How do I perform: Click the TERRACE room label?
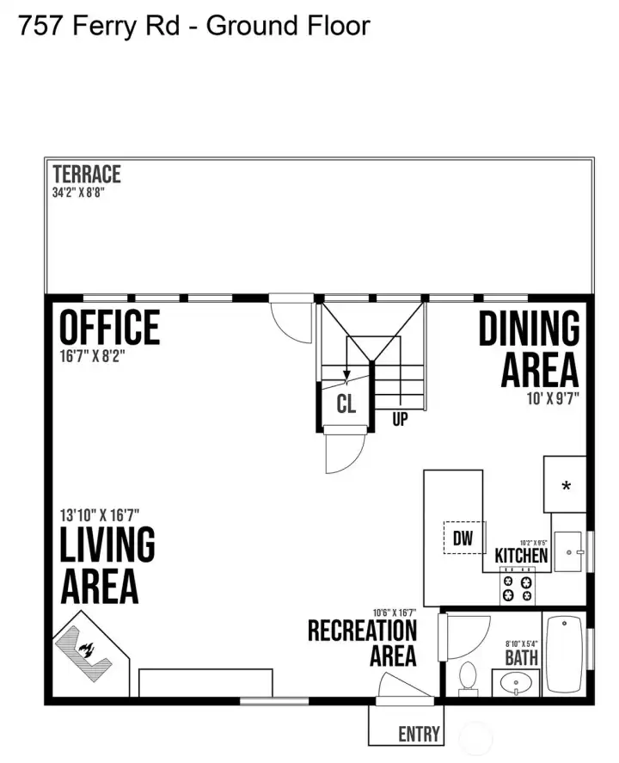pos(87,175)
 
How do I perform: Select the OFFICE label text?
pos(110,328)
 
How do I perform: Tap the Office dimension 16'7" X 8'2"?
pos(92,356)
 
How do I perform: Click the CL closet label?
pos(346,403)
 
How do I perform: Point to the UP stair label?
pos(400,419)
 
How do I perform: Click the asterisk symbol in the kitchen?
pos(566,485)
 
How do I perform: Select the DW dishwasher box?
pos(464,538)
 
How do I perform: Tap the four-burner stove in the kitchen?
pos(518,588)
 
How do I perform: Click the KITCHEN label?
pos(521,555)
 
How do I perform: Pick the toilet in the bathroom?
pos(469,676)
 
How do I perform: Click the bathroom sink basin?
pos(516,683)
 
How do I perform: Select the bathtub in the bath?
pos(565,654)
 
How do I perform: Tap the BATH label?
pos(521,658)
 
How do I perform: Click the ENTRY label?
pos(419,734)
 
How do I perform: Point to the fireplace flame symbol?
pos(87,650)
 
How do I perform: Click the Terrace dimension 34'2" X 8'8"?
pos(78,192)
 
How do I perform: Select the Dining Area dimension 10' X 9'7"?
pos(553,398)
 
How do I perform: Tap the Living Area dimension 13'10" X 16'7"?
pos(100,514)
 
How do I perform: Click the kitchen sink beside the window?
pos(568,551)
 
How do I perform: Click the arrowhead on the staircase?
pos(346,375)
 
